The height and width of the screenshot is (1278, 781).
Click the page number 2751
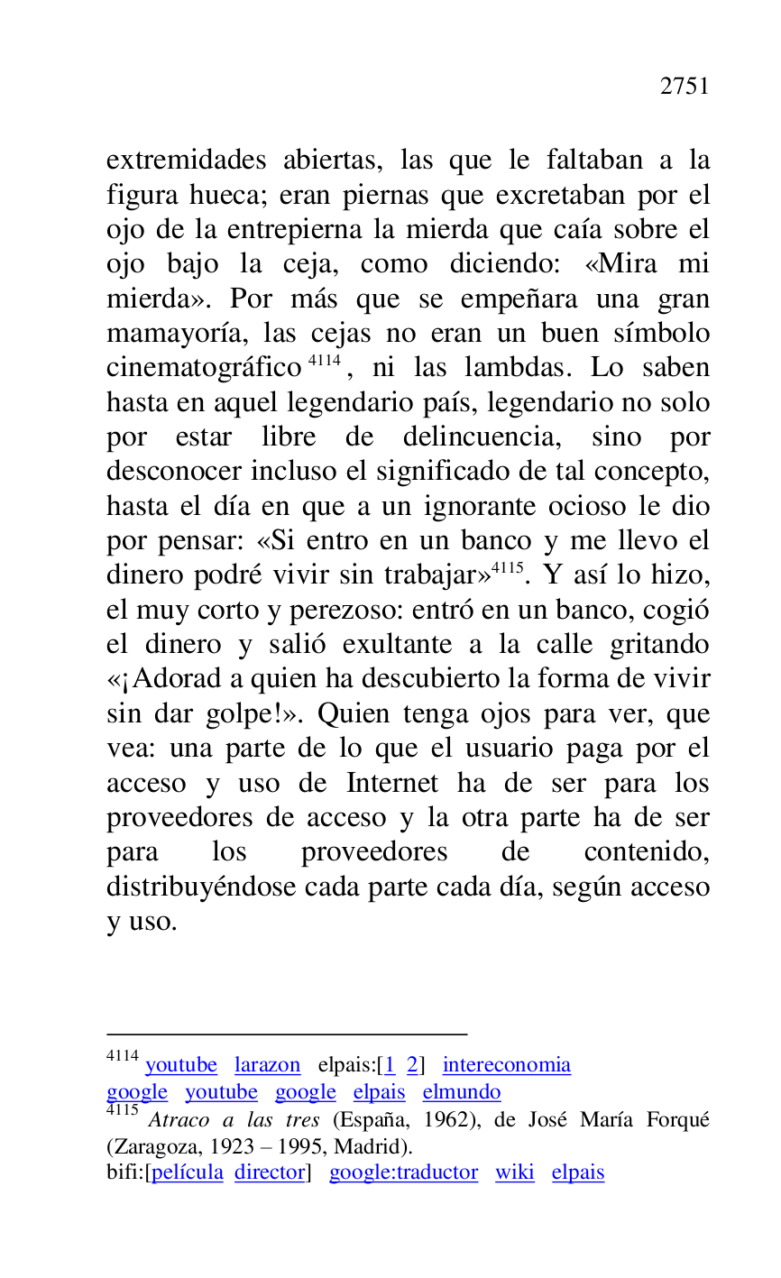(x=685, y=87)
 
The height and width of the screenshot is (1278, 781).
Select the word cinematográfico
(x=203, y=369)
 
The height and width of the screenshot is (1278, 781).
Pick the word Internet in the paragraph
(x=392, y=783)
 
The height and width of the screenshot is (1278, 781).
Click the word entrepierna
(x=297, y=230)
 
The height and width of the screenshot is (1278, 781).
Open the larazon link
(x=267, y=1065)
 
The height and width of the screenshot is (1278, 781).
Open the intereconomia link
(x=506, y=1065)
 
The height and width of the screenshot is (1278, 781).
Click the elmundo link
(x=461, y=1092)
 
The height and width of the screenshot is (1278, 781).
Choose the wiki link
(x=514, y=1172)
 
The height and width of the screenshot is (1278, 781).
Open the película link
(x=188, y=1172)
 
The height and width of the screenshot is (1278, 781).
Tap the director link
(x=269, y=1172)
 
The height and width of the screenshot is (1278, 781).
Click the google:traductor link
(x=403, y=1172)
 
